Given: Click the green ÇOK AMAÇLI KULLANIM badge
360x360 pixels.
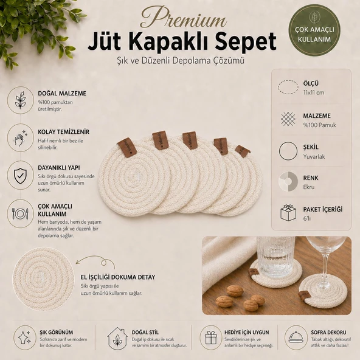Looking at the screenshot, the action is (x=314, y=30).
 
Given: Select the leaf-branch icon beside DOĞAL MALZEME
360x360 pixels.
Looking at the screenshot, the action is (x=20, y=100).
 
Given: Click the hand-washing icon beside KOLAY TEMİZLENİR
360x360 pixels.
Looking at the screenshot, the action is (x=21, y=138).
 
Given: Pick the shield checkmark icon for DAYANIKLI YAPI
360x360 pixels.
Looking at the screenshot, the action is (x=21, y=175).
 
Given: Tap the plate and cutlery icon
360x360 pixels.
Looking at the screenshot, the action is (x=21, y=213).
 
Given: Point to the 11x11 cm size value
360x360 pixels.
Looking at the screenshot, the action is (x=314, y=93).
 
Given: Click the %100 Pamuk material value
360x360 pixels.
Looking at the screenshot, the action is (x=319, y=125).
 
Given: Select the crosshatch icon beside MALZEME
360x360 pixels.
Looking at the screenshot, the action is (x=288, y=119).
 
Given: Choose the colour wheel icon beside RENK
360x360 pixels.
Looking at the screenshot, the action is (x=288, y=181).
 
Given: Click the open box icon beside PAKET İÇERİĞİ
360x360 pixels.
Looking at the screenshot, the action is (x=288, y=212).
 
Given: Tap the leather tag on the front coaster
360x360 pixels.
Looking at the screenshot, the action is (x=127, y=147).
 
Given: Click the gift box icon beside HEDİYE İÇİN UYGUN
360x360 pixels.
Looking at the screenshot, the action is (x=211, y=337).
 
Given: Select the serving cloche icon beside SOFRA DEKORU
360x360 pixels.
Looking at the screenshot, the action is (x=296, y=337).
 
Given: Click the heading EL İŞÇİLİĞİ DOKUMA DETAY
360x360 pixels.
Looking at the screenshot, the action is (x=118, y=277).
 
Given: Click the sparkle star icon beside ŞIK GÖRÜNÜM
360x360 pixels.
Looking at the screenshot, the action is (x=25, y=337).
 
